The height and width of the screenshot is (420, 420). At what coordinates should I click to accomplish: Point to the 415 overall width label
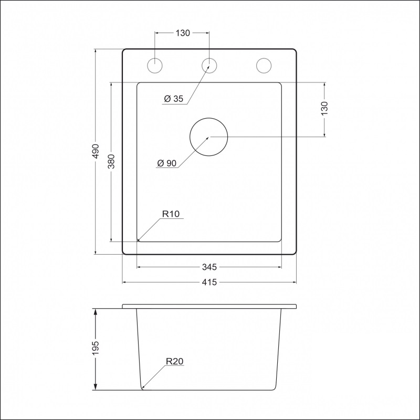tap(209, 282)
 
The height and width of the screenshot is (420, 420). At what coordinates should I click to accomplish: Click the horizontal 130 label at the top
tap(182, 33)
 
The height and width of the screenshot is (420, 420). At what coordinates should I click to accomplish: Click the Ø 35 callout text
tap(173, 99)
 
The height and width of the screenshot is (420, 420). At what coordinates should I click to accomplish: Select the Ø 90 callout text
tap(166, 163)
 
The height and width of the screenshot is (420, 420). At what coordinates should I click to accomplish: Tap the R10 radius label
tap(171, 214)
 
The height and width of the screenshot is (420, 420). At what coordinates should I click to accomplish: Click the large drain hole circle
tap(208, 137)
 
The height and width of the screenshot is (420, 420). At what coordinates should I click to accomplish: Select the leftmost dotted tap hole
tap(155, 65)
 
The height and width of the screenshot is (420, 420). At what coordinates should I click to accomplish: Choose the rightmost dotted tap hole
tap(264, 65)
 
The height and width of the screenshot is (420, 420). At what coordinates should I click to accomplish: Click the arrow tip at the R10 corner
tap(138, 240)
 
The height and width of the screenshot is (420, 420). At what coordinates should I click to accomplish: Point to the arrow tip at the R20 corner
tap(143, 388)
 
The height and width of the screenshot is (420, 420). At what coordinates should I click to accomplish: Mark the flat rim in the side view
tap(209, 306)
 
